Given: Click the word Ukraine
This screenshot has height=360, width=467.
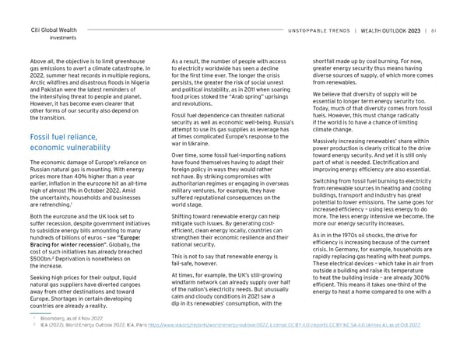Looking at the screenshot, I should click(x=209, y=145).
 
